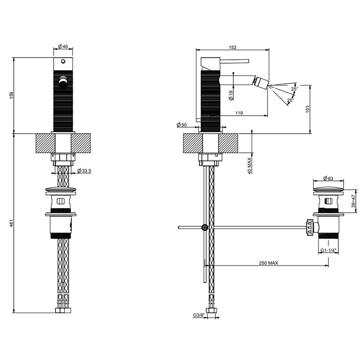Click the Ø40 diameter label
(63, 47)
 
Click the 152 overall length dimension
(232, 47)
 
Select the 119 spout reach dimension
(239, 113)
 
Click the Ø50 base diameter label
(181, 125)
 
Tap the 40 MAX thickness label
(249, 166)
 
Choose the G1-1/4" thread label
(328, 250)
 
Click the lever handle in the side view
(237, 61)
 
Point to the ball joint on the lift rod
(205, 227)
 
